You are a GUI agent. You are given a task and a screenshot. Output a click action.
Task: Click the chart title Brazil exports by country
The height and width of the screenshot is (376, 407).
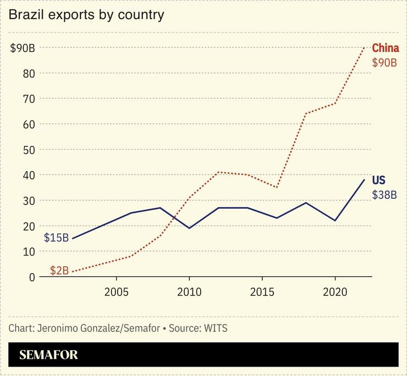tap(86, 15)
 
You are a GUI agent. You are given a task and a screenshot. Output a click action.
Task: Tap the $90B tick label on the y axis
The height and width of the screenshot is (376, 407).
tap(23, 48)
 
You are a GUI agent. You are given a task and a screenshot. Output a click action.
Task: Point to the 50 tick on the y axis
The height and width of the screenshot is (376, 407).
tap(29, 150)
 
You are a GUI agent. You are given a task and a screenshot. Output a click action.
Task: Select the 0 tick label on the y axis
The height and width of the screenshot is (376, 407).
tap(32, 277)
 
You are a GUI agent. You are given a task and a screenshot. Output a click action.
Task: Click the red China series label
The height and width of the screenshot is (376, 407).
tap(385, 48)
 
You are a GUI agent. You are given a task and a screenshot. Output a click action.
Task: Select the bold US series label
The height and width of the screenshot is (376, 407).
tap(378, 180)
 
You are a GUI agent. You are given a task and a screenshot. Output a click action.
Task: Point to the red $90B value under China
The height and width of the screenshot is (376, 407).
tap(384, 63)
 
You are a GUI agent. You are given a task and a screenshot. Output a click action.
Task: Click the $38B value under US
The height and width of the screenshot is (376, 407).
tap(384, 195)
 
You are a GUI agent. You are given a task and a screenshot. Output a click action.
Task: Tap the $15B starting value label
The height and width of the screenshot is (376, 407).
tap(56, 238)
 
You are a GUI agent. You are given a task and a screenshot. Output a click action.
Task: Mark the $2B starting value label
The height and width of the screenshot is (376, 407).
tap(59, 270)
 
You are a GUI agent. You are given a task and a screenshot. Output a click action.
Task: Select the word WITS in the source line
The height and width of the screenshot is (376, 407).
tap(215, 329)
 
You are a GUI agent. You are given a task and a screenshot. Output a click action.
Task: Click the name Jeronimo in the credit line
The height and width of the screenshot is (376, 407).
tap(56, 329)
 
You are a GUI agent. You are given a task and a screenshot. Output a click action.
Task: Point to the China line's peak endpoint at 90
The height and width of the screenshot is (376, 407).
tap(364, 48)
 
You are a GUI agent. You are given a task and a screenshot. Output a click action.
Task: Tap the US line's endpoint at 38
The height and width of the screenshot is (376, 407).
tap(364, 179)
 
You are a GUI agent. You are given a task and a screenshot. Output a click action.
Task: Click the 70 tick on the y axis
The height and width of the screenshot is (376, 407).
tap(29, 99)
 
